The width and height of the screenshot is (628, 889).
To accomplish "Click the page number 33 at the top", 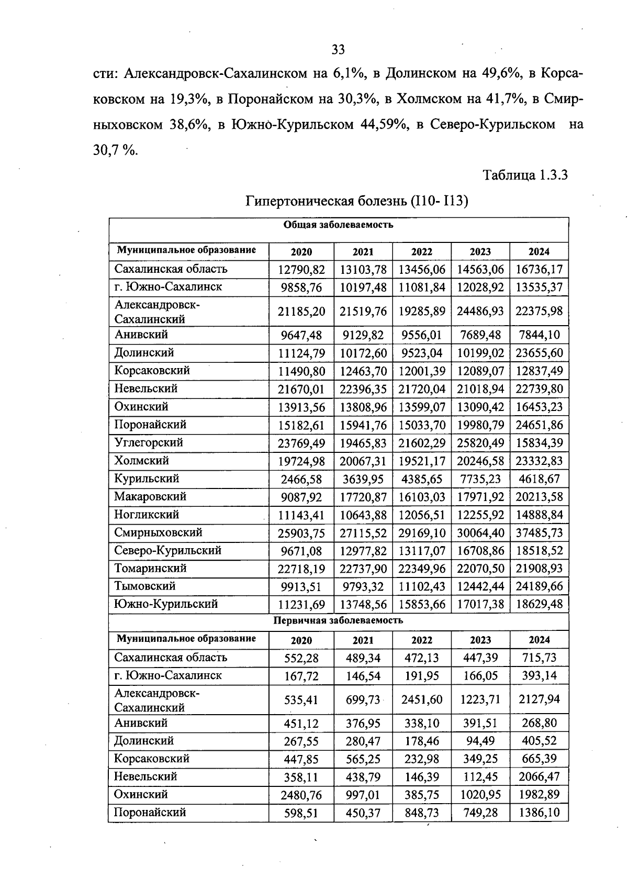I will (x=338, y=50).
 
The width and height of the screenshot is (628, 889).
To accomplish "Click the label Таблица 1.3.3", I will (x=525, y=175).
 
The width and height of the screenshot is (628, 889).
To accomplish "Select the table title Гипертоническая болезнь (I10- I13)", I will (x=356, y=201).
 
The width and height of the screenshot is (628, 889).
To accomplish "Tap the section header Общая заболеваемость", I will (x=338, y=225).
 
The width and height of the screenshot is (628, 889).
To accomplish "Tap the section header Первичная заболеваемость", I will (x=338, y=621).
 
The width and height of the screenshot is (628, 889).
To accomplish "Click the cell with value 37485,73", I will (x=539, y=533).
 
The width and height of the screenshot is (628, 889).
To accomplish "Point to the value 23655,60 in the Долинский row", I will (x=539, y=353).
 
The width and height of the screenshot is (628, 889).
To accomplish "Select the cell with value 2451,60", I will (x=422, y=700).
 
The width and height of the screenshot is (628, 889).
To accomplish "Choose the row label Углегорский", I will (x=149, y=442).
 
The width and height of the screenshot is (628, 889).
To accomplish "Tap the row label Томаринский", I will (x=150, y=568).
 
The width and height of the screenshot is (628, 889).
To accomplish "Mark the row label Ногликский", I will (x=147, y=515).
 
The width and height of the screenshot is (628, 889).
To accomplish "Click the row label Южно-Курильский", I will (x=166, y=604).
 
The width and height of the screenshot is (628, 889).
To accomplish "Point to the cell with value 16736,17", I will (x=539, y=270).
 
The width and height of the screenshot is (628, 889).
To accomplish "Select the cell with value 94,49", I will (x=480, y=741).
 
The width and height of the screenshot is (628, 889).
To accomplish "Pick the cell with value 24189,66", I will (x=539, y=587).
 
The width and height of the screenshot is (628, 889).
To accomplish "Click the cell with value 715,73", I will (x=539, y=658).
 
